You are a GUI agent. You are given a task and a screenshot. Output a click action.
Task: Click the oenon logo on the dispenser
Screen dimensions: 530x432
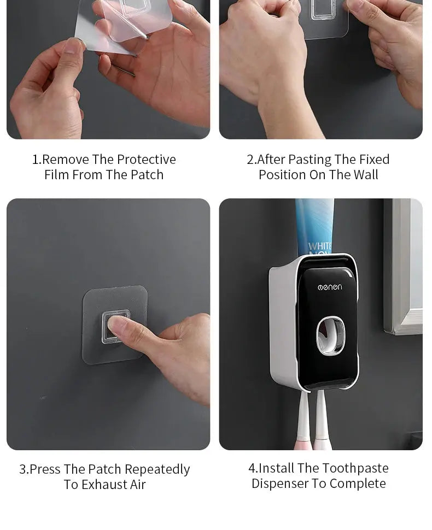[x=330, y=287]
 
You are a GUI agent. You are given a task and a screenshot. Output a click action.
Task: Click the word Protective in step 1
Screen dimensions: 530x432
[x=147, y=160]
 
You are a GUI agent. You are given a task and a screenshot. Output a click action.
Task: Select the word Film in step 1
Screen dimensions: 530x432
[x=57, y=175]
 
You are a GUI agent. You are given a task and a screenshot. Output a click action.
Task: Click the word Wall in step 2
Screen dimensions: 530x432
[x=366, y=175]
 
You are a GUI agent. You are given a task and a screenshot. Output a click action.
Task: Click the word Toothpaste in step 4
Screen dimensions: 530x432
[x=355, y=468]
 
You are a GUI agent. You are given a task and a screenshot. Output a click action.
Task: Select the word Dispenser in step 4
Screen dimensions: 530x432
[x=280, y=484]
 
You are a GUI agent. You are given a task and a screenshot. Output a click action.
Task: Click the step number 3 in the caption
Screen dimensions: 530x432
[x=23, y=469]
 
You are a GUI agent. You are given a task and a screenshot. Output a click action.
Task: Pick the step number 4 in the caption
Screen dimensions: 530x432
[x=252, y=468]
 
